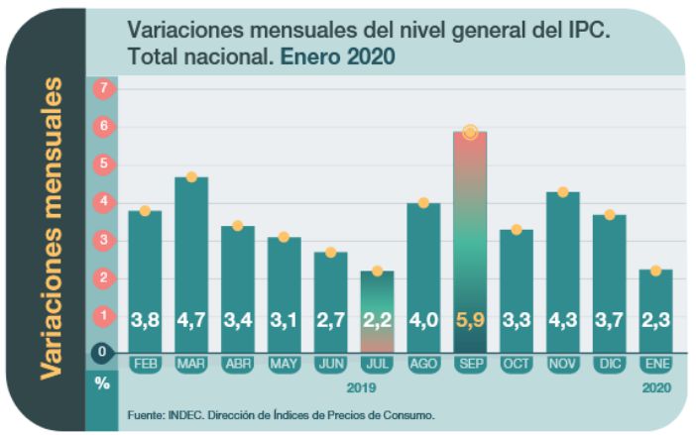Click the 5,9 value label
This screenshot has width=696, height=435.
(x=470, y=321)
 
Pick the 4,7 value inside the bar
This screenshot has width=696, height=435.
(x=191, y=321)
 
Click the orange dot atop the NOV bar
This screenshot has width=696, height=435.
(x=563, y=191)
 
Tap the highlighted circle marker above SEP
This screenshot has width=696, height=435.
(x=470, y=132)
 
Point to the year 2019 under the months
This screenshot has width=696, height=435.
(x=361, y=387)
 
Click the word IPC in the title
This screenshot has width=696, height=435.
(x=585, y=31)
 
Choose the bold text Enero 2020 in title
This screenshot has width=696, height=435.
(x=337, y=56)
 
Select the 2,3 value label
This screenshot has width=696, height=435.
(x=656, y=321)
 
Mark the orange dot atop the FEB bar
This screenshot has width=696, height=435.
(x=145, y=210)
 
